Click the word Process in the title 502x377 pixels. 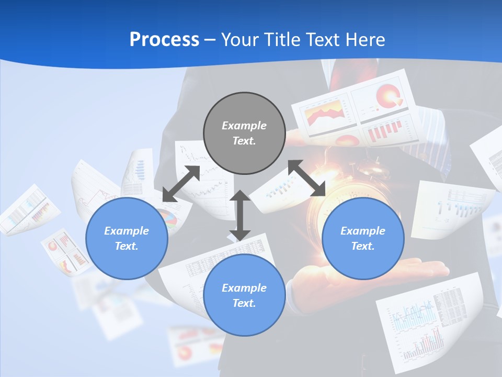click(x=164, y=40)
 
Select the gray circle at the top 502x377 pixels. click(x=244, y=134)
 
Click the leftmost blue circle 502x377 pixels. click(x=127, y=238)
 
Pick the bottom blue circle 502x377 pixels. click(x=244, y=295)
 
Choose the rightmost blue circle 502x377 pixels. click(x=363, y=238)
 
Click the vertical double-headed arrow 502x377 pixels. click(x=240, y=215)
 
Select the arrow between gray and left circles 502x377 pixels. click(x=181, y=183)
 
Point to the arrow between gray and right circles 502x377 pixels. click(x=307, y=178)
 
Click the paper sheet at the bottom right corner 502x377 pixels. click(x=431, y=325)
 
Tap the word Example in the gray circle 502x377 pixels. click(x=244, y=126)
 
